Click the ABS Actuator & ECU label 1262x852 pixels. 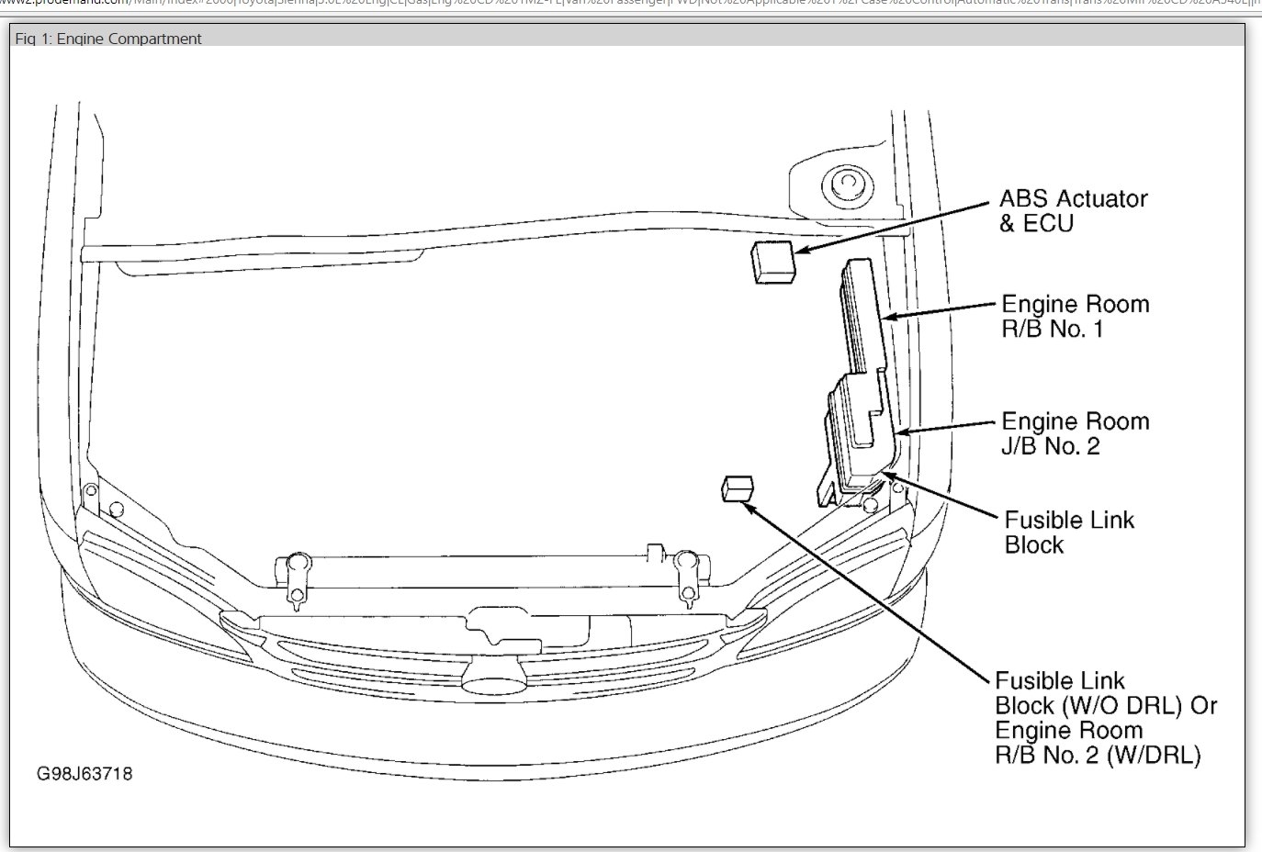tap(1073, 211)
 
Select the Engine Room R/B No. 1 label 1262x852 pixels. tap(1075, 317)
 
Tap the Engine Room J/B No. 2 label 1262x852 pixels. tap(1075, 433)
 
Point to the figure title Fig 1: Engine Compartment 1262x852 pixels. tap(108, 39)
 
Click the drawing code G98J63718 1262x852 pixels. tap(85, 774)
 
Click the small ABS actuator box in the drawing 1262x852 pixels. tap(773, 263)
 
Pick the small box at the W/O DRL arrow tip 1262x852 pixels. tap(738, 488)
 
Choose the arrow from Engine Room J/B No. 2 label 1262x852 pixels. tap(946, 428)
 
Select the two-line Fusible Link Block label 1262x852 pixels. tap(1068, 532)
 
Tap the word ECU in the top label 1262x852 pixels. tap(1048, 223)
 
